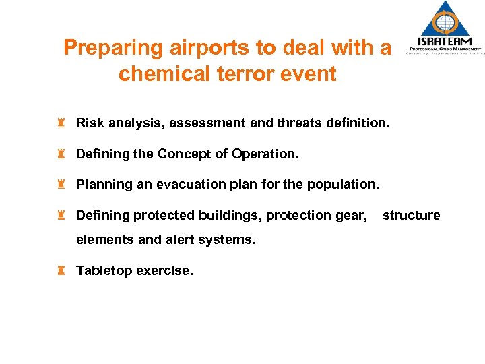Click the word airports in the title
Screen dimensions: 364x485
tap(205, 49)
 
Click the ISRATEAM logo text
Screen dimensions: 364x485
tap(444, 41)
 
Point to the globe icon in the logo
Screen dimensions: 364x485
tap(445, 20)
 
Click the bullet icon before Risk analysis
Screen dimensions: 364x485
tap(61, 123)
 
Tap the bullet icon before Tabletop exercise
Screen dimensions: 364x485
tap(61, 270)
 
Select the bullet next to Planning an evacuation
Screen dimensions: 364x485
tap(61, 184)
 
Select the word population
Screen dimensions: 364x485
tap(344, 184)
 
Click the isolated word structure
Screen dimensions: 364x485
tap(411, 215)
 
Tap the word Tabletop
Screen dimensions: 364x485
tap(104, 270)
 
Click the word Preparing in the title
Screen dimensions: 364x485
tap(113, 49)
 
